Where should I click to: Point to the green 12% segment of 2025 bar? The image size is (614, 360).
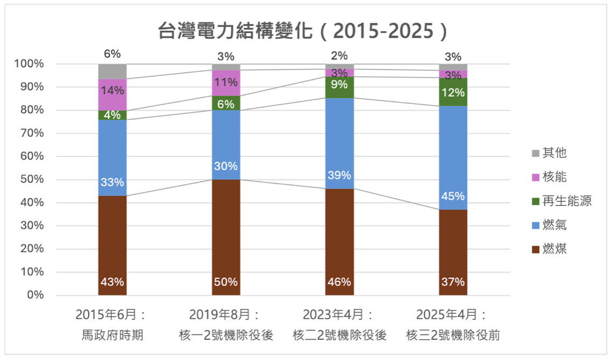coord(453,92)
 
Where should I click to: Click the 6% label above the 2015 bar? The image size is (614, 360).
coord(112,54)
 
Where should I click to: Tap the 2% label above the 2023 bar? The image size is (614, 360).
coord(339,55)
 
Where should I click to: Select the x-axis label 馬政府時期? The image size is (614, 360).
coord(112,335)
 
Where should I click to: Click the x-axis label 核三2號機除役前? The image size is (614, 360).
coord(453,335)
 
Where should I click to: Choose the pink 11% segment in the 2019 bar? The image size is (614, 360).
coord(226,83)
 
